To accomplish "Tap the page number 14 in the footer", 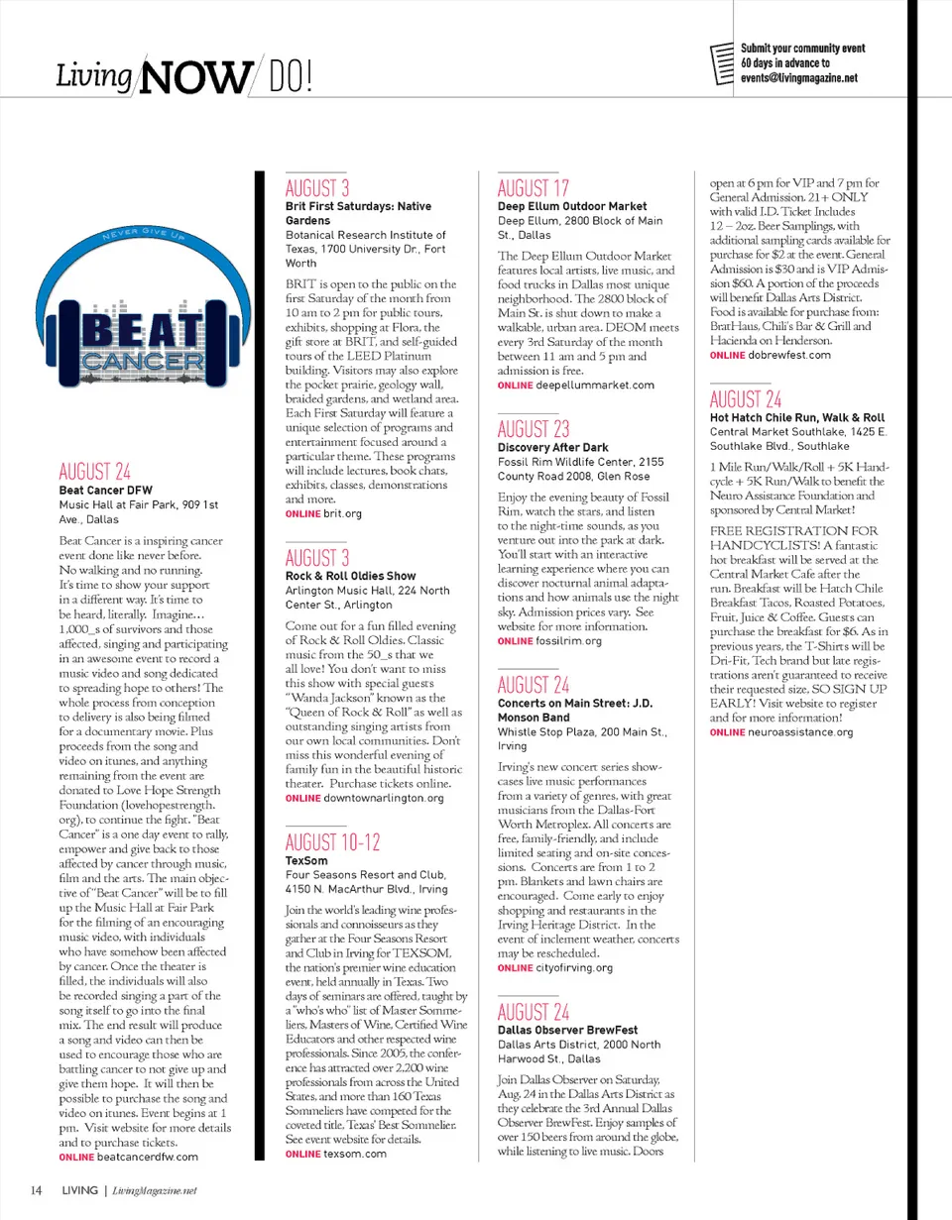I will click(x=35, y=1190).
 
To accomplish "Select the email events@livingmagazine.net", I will click(x=799, y=77).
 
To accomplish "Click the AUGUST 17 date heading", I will click(x=534, y=187).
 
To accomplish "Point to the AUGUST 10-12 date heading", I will click(x=332, y=843).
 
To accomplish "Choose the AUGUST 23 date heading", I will click(x=534, y=429).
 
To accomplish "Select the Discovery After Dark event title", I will click(x=553, y=448).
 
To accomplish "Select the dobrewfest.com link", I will click(x=789, y=355).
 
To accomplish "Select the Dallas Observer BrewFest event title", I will click(x=567, y=1030).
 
